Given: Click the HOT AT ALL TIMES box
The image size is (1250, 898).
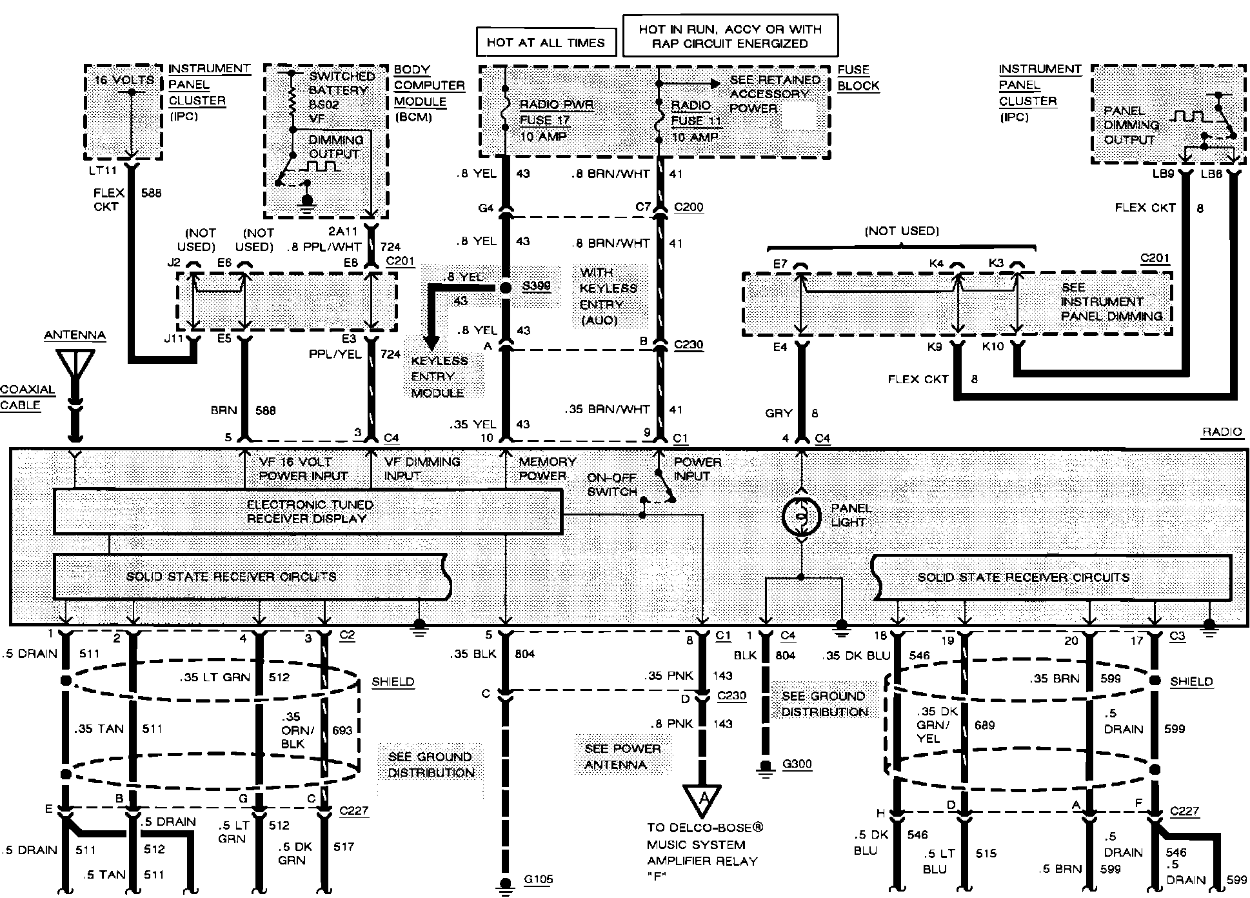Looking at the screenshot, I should click(x=546, y=43).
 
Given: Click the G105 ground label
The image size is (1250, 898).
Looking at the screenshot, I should click(x=539, y=879).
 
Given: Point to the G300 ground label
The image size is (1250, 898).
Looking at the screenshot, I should click(x=797, y=764).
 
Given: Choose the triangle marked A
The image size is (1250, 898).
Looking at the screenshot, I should click(x=702, y=799).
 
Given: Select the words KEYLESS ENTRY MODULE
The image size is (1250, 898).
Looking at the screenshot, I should click(x=439, y=377).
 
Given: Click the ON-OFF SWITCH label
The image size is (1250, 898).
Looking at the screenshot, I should click(x=611, y=484).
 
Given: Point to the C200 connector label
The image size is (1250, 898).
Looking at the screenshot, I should click(x=688, y=207).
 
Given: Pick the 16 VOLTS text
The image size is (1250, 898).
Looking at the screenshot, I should click(x=124, y=80).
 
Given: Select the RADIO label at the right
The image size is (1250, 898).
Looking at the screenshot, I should click(x=1222, y=432).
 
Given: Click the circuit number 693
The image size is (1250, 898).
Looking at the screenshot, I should click(x=342, y=730).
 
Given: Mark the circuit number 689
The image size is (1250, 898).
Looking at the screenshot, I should click(x=984, y=725).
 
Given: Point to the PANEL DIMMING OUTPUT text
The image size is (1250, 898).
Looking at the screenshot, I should click(x=1131, y=125).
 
